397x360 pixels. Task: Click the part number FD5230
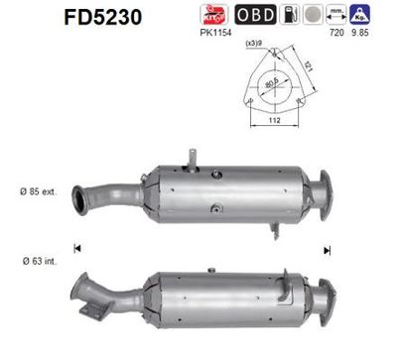click(102, 17)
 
